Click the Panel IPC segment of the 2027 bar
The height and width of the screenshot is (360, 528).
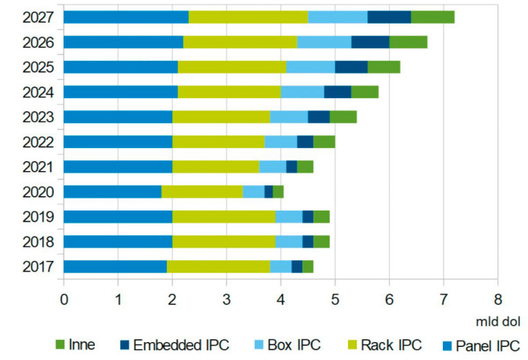[x=126, y=17]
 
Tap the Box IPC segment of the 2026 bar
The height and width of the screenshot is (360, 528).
[x=324, y=42]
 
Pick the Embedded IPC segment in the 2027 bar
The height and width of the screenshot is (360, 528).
[x=389, y=17]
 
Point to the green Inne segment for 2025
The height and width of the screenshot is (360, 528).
[x=383, y=67]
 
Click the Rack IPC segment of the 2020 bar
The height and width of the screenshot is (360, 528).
[x=202, y=192]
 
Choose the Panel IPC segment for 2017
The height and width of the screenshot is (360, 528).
[x=115, y=267]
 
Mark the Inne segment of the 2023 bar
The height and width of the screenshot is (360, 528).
[x=343, y=117]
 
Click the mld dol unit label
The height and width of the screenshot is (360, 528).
[x=494, y=322]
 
